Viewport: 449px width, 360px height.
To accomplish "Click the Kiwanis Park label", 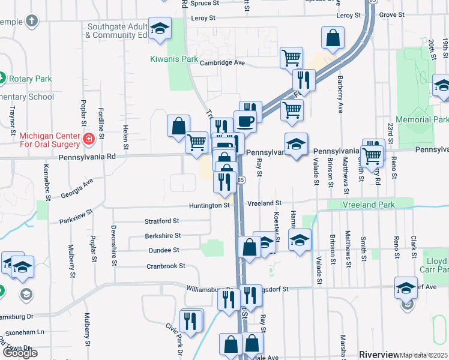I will click(173, 59).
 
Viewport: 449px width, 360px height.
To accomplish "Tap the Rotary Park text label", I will click(30, 79).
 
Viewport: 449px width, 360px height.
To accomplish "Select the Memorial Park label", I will click(426, 119).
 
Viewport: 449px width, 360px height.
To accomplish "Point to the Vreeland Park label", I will click(369, 205).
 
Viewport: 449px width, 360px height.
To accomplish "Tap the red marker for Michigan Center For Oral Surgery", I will click(89, 139).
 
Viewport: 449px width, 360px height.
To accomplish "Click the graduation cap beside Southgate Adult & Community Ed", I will click(160, 29).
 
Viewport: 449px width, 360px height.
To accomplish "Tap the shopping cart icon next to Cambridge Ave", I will click(291, 58).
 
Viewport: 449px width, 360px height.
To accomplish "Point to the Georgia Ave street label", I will click(76, 188).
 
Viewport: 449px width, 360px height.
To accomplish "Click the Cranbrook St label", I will click(166, 266).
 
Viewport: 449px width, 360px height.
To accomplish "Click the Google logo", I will click(20, 353).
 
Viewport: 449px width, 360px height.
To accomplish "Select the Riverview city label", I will click(378, 355).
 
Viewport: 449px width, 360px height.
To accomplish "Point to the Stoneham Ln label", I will click(24, 332).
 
